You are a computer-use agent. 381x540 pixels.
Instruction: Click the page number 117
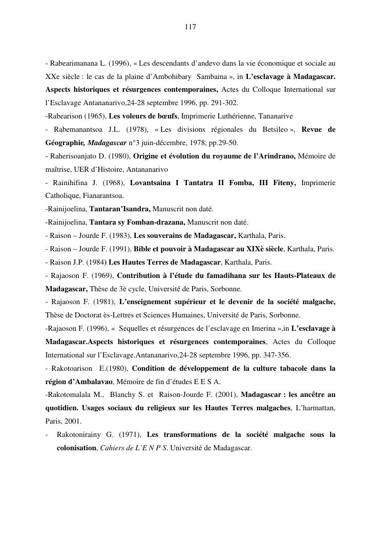tap(190, 27)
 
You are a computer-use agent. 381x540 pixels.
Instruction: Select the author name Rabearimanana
tap(71, 64)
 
